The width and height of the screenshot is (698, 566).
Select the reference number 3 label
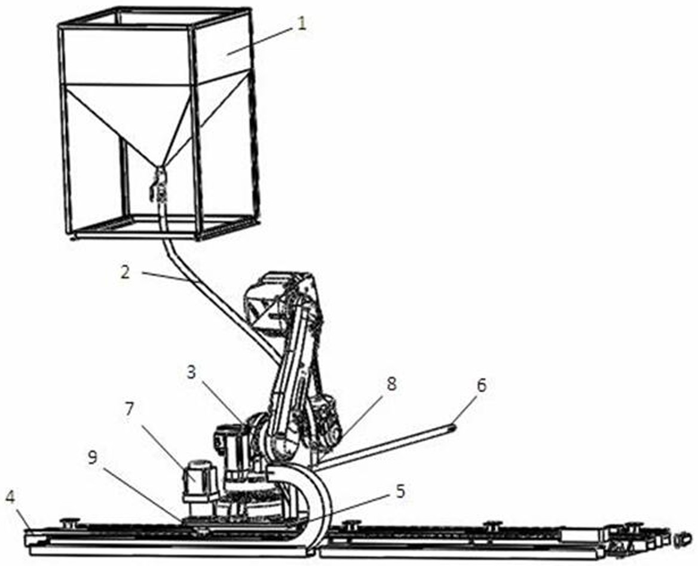coord(191,372)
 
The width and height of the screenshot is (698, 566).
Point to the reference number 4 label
coord(10,497)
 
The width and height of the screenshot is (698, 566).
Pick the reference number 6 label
coord(481,386)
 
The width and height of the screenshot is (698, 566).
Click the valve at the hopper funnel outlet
coord(159,185)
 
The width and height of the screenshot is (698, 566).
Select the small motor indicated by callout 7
coord(197,478)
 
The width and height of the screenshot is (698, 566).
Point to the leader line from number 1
coord(263,42)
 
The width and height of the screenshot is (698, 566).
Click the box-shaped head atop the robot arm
coord(281,299)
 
